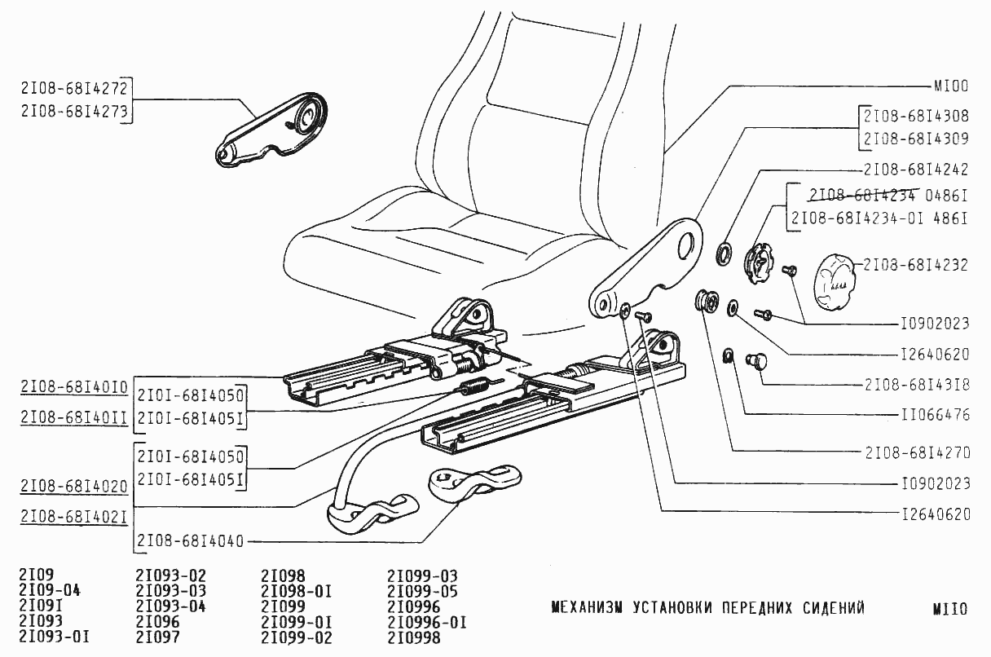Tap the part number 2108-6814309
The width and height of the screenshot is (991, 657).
pyautogui.click(x=915, y=139)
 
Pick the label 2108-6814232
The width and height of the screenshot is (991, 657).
pyautogui.click(x=915, y=265)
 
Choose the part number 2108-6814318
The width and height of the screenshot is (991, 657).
pyautogui.click(x=915, y=384)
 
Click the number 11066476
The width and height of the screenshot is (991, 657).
pyautogui.click(x=935, y=415)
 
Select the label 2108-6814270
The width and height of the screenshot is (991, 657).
pyautogui.click(x=915, y=451)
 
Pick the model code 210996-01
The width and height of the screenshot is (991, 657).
pyautogui.click(x=427, y=623)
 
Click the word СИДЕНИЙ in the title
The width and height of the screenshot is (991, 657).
pyautogui.click(x=826, y=608)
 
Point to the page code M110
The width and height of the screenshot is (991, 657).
pyautogui.click(x=949, y=609)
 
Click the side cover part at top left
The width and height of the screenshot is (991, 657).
pyautogui.click(x=273, y=131)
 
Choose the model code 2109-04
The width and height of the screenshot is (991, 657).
pyautogui.click(x=49, y=591)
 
